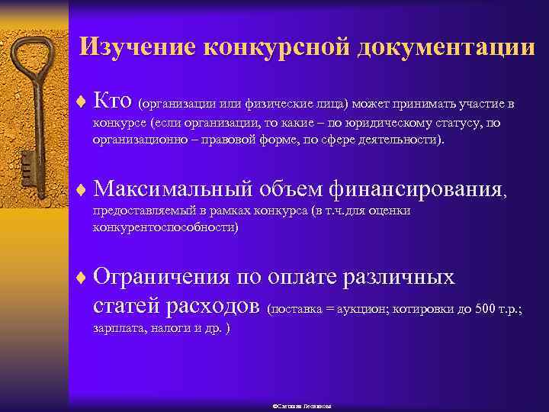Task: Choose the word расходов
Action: pyautogui.click(x=216, y=306)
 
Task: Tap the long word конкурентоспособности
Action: pyautogui.click(x=165, y=227)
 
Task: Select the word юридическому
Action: pyautogui.click(x=391, y=124)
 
